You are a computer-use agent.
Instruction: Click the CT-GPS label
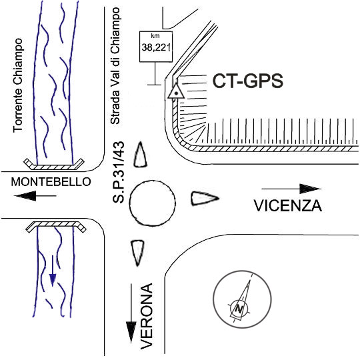tap(248, 81)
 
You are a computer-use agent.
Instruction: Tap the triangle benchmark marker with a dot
tap(176, 91)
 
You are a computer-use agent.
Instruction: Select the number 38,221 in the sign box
tap(156, 47)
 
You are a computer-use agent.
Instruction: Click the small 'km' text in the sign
tap(155, 36)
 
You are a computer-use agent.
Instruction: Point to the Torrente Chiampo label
tap(18, 85)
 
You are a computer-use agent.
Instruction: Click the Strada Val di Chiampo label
tap(115, 66)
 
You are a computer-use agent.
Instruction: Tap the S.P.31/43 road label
tap(119, 173)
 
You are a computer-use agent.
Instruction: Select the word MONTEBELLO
tap(51, 182)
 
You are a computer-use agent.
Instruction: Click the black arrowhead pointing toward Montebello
tap(25, 196)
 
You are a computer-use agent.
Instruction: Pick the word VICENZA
tap(288, 205)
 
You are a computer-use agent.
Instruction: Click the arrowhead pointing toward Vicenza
tap(311, 189)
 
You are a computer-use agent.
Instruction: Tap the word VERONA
tap(147, 317)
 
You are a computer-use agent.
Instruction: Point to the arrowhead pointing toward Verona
tap(131, 332)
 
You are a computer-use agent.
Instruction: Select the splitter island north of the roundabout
tap(140, 155)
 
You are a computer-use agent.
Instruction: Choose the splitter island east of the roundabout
tap(205, 198)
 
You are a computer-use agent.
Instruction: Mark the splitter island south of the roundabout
tap(137, 253)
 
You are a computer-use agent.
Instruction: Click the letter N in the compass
tap(239, 309)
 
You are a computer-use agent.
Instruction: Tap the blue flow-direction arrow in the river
tap(53, 271)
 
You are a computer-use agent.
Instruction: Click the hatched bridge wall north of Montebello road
tap(54, 165)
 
